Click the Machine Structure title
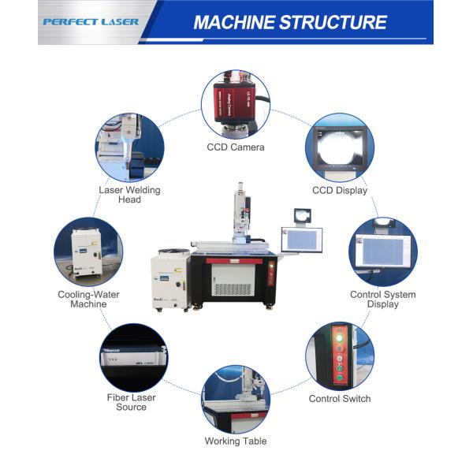point(289,21)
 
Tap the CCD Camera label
point(236,147)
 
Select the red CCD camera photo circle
point(236,103)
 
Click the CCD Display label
point(340,190)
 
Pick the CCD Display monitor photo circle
point(340,147)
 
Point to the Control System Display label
point(383,300)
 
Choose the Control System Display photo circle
point(383,252)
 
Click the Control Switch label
point(340,399)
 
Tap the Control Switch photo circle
point(340,356)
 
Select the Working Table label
point(236,441)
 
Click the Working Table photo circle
point(236,399)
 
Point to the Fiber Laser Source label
point(131,402)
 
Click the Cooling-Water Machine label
point(88,300)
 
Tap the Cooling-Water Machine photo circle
point(88,252)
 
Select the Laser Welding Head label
point(130,195)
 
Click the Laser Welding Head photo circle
point(130,147)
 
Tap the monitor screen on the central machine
point(302,240)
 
